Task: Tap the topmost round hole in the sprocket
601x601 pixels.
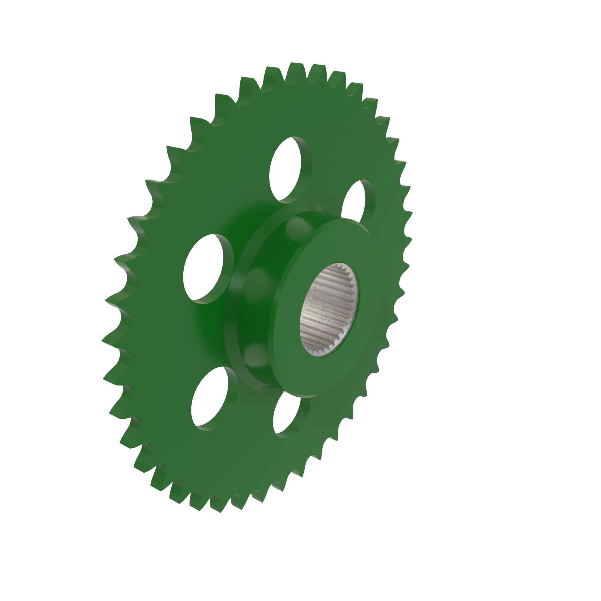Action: click(285, 169)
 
